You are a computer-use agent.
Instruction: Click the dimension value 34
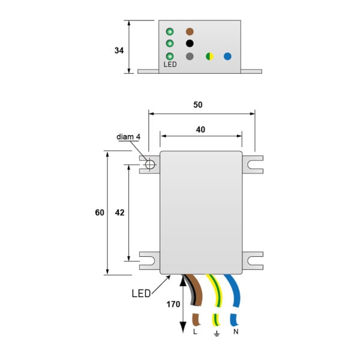point(119,50)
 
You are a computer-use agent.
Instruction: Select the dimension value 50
point(197,105)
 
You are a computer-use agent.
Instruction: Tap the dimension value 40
point(200,130)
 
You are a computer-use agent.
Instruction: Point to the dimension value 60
point(100,212)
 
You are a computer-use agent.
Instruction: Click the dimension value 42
point(119,212)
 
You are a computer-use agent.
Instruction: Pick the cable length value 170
point(173,304)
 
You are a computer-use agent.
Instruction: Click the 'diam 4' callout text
point(128,137)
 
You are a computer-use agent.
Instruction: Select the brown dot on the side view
point(190,31)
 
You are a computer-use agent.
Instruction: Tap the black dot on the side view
point(190,43)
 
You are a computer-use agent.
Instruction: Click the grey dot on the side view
point(190,56)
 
